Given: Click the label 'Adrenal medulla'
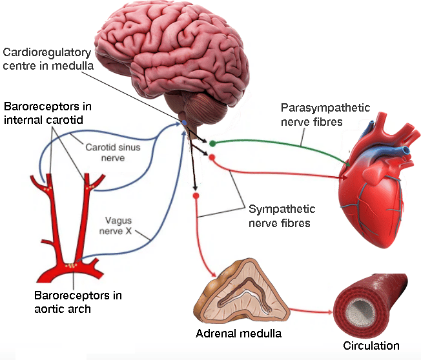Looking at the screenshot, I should tap(238, 334).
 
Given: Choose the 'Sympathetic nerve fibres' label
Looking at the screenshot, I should tap(281, 216).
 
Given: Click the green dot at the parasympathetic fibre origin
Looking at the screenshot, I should tap(212, 143).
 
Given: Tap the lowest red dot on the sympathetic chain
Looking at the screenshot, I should tap(195, 194).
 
